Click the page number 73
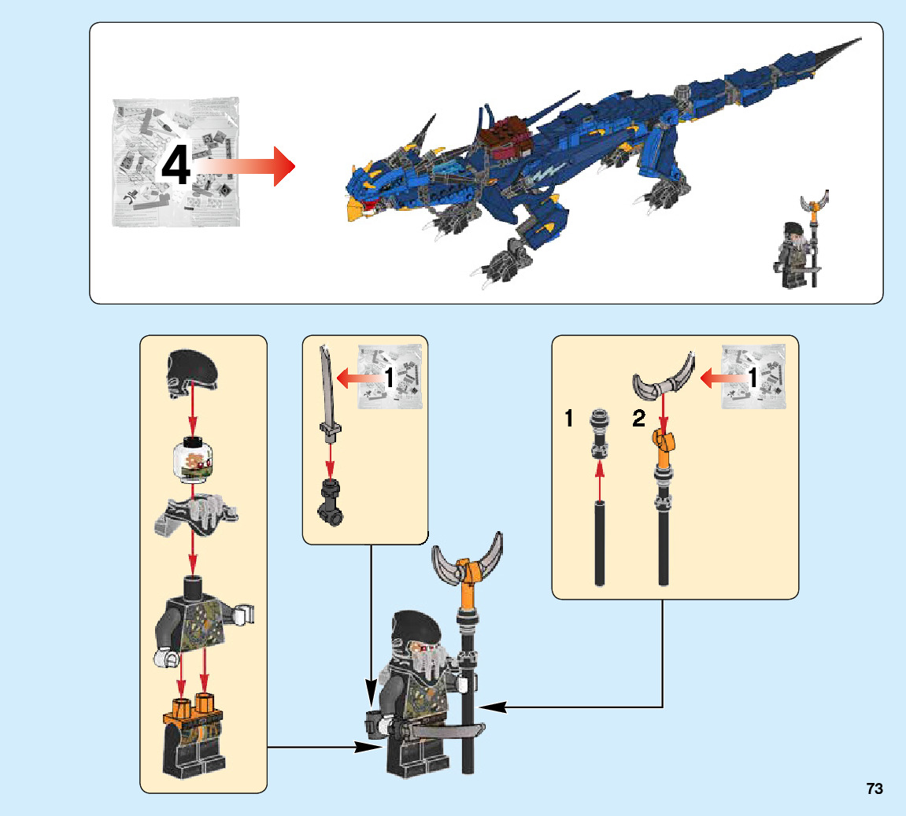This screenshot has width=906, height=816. (875, 788)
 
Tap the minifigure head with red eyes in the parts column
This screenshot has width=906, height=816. (191, 459)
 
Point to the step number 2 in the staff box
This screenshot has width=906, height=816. (638, 419)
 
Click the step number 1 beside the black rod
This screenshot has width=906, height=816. (568, 419)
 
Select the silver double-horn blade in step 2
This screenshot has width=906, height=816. (665, 380)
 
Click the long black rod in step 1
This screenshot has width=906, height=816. (600, 543)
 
